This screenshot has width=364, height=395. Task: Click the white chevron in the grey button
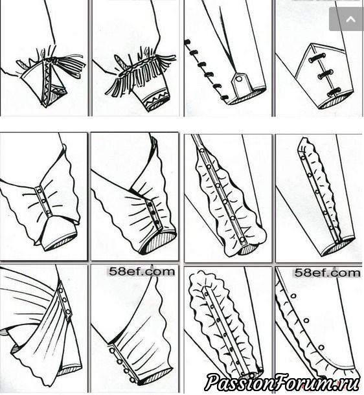[x=350, y=19]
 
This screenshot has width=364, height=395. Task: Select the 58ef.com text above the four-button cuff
[x=142, y=272]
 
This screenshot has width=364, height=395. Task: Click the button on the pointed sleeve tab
[x=239, y=80]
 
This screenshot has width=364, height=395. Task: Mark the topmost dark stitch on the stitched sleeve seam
[x=187, y=42]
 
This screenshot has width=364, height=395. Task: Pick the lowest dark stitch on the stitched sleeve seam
[x=224, y=97]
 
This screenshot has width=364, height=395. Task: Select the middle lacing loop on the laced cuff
[x=324, y=74]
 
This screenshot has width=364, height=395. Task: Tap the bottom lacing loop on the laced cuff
[x=334, y=92]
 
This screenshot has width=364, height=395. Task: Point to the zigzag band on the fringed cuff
[x=155, y=100]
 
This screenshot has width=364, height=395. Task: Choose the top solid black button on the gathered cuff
[x=151, y=204]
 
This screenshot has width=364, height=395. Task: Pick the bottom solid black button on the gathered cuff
[x=157, y=222]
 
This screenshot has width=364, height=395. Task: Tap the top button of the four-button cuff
[x=112, y=350]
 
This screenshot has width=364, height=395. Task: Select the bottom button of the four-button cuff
[x=131, y=379]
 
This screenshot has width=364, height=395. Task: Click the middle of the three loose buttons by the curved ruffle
[x=306, y=321]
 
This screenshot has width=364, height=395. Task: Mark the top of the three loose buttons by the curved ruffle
[x=293, y=295]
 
